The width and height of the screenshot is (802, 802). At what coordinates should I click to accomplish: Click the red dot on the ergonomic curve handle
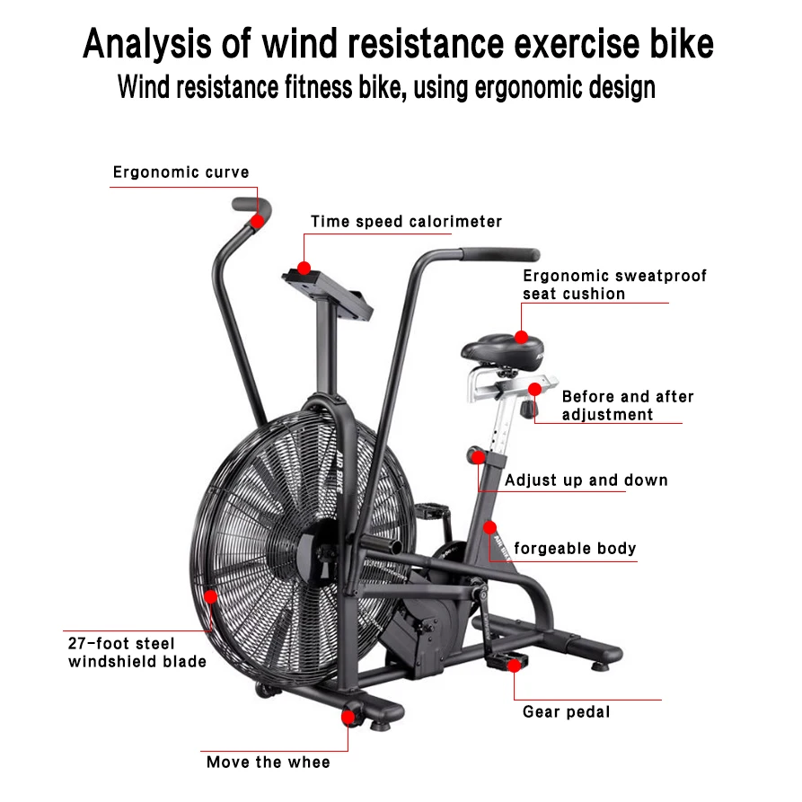(x=258, y=220)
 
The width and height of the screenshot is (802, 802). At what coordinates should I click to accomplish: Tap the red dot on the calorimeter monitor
(x=304, y=268)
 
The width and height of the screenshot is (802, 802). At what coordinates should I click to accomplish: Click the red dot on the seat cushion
(x=522, y=337)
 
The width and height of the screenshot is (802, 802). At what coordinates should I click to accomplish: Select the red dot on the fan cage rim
(x=210, y=595)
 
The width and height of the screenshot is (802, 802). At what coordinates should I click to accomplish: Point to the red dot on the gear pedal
(x=513, y=665)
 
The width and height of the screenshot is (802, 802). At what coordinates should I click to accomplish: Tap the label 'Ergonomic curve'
(x=181, y=172)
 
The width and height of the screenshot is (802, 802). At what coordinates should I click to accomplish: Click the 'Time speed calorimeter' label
(x=406, y=222)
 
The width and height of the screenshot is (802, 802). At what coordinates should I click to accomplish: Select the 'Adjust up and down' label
(x=586, y=480)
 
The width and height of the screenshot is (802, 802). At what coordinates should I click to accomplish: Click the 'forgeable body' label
(x=575, y=549)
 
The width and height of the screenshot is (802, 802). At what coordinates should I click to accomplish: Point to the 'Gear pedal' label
(x=566, y=712)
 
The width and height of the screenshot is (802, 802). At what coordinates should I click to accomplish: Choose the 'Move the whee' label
(x=268, y=762)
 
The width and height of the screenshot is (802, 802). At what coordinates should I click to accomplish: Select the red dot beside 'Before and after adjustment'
(x=535, y=389)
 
